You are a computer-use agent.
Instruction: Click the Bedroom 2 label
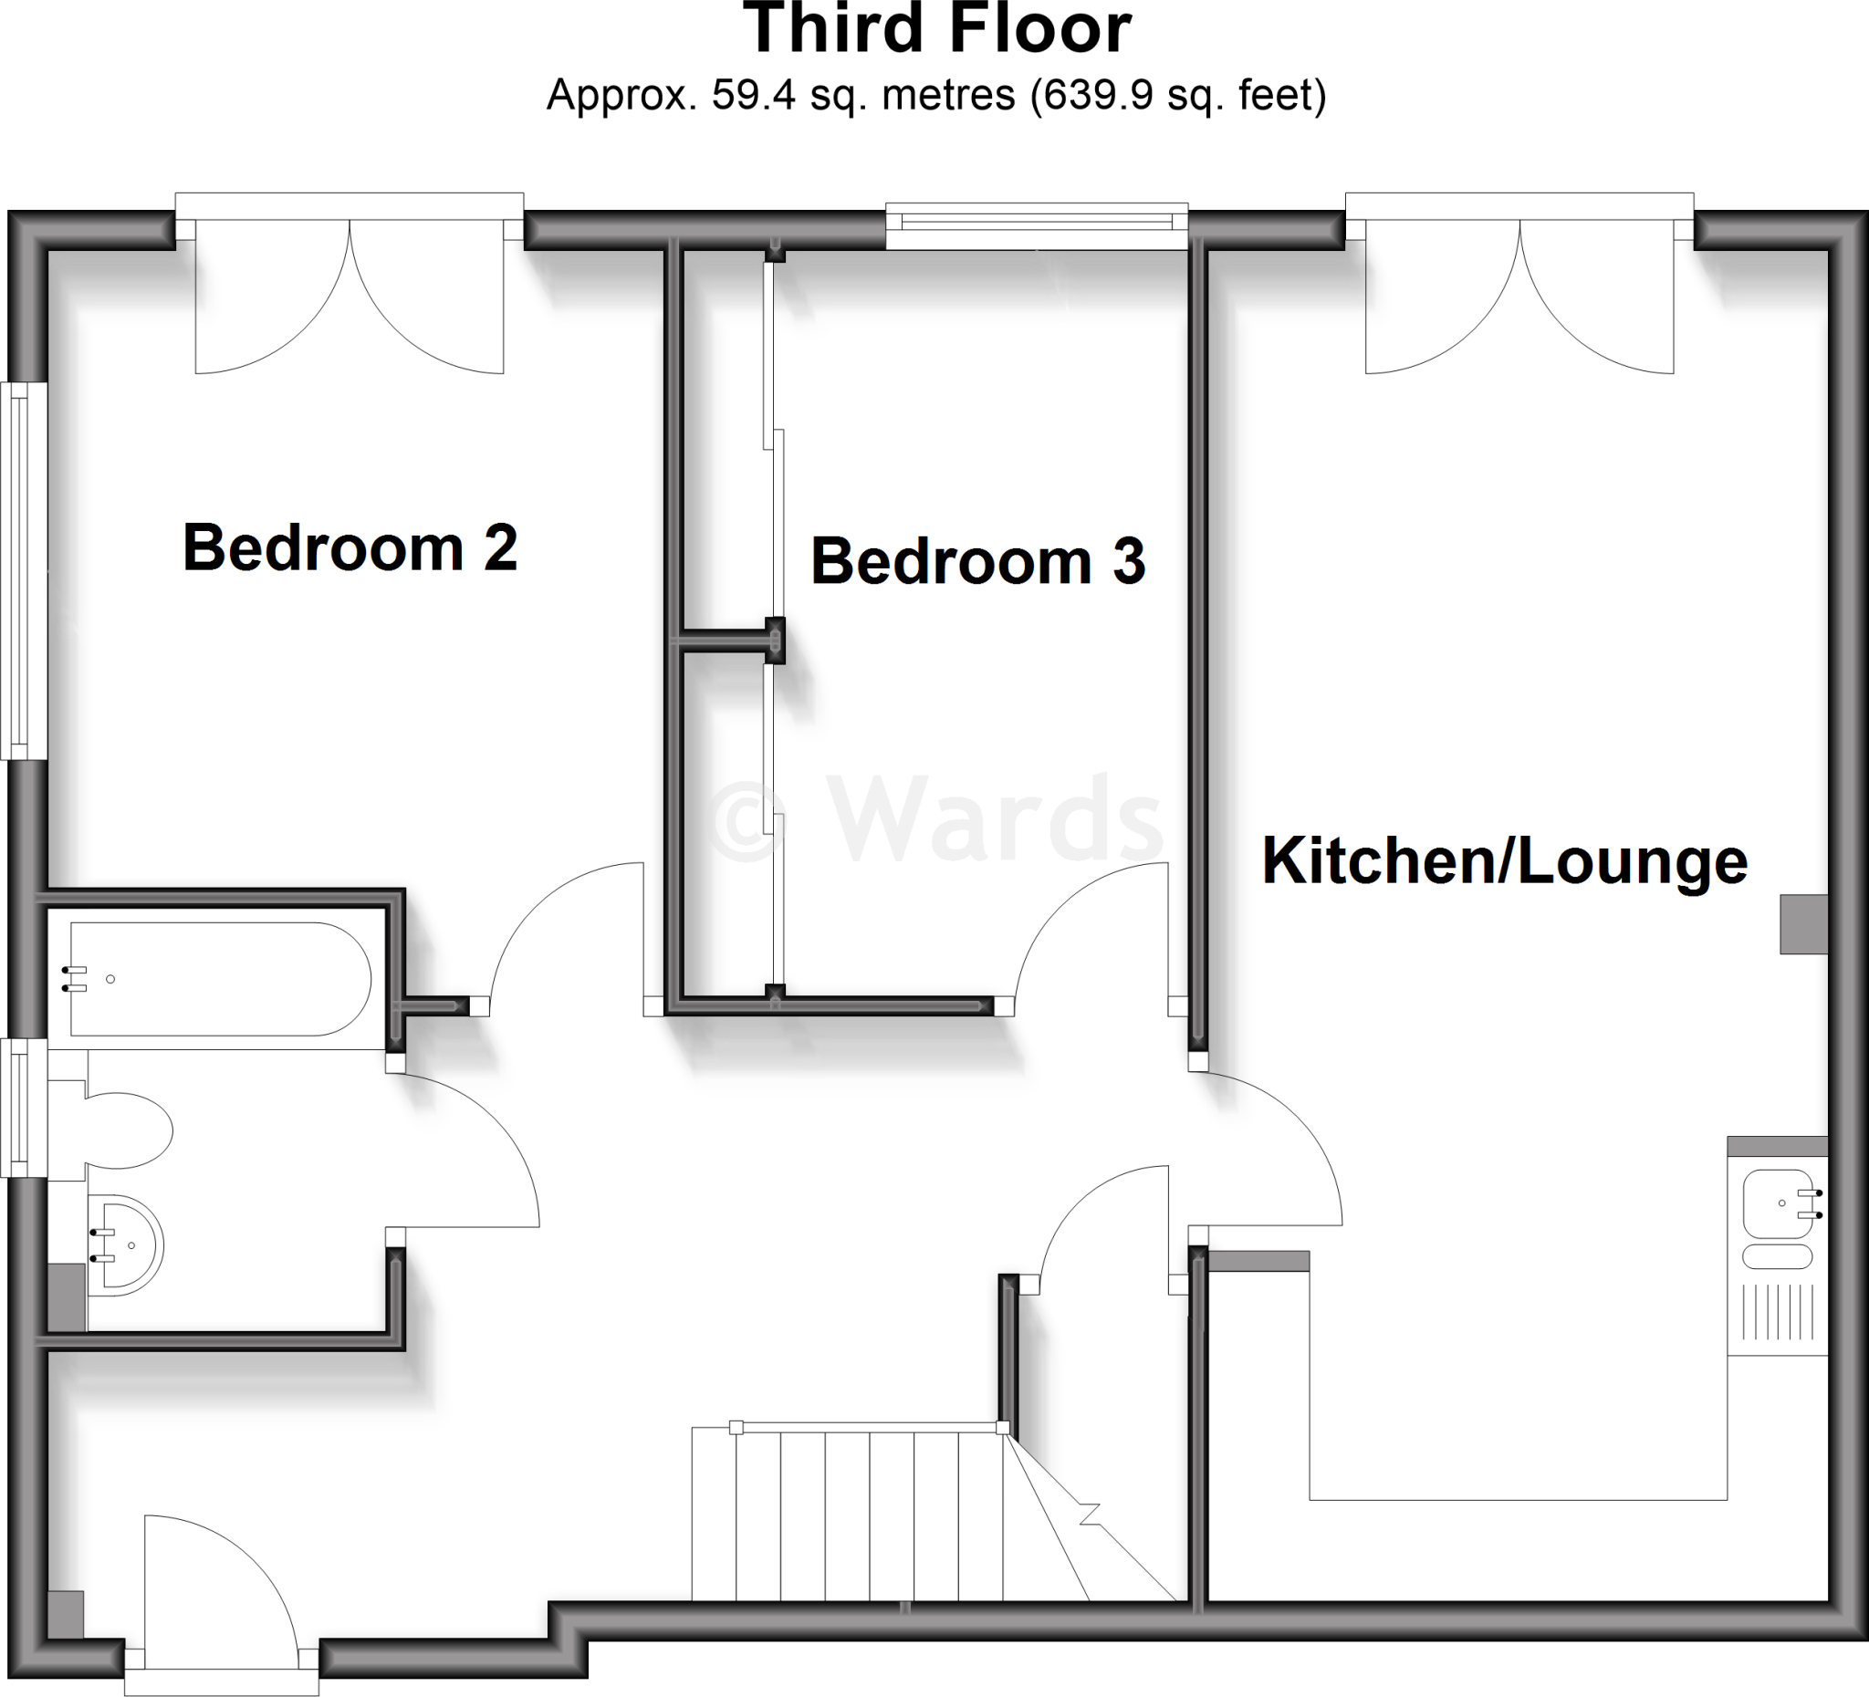(x=350, y=547)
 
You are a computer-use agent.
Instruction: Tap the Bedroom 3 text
(x=978, y=562)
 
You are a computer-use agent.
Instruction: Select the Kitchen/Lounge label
(x=1505, y=861)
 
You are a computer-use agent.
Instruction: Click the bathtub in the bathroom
(x=221, y=979)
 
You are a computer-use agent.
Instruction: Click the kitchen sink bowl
(x=1776, y=1204)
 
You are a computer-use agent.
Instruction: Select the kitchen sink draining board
(x=1777, y=1311)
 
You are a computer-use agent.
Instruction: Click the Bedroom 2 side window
(x=20, y=571)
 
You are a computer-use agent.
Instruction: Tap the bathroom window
(x=18, y=1108)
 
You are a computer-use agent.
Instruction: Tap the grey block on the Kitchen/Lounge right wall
(x=1803, y=924)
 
